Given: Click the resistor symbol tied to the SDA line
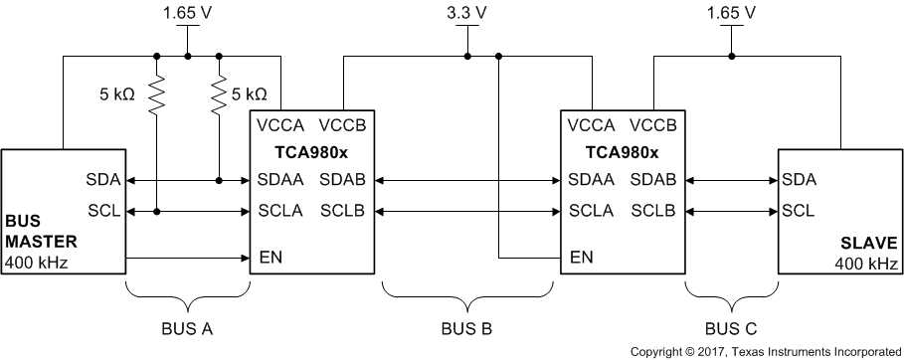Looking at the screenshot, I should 218,95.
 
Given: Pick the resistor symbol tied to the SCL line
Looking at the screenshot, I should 156,95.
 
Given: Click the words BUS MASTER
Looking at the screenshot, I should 40,231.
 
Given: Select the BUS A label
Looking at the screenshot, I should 187,326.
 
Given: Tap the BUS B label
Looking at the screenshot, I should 467,326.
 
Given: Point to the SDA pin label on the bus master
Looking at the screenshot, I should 103,181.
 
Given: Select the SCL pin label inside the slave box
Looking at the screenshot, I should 799,211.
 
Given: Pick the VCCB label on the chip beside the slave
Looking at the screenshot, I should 653,126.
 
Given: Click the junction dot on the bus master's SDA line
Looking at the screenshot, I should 218,181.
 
